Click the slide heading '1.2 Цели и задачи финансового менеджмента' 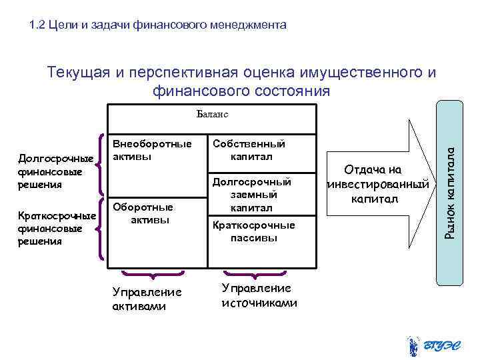158,26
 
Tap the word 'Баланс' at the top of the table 213,114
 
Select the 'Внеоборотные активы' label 152,150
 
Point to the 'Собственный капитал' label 249,150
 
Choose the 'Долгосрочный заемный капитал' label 251,195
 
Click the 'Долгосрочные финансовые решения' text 56,171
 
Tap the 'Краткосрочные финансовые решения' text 56,228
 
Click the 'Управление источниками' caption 259,295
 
